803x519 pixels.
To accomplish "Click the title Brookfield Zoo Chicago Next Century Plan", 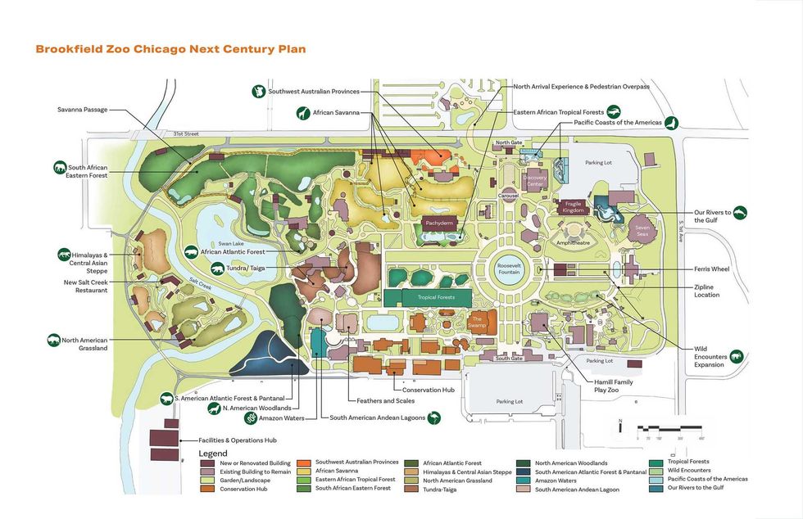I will click(x=170, y=49).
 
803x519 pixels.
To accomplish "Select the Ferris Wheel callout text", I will click(x=712, y=269).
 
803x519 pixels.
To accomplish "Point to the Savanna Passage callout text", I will click(x=82, y=109).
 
